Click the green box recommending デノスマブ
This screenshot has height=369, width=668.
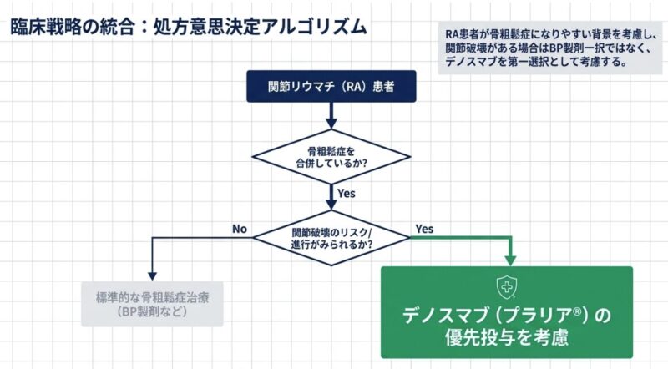(x=506, y=312)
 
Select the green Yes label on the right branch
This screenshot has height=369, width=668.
(x=423, y=228)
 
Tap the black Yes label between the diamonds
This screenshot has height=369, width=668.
(x=348, y=194)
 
